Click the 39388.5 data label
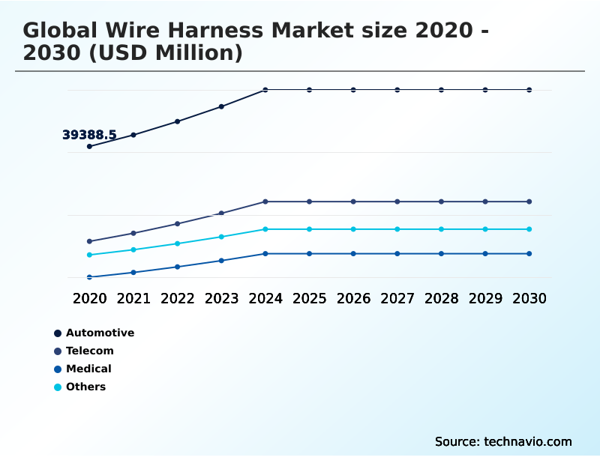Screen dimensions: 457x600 (x=89, y=135)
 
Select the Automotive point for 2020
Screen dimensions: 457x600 (x=89, y=146)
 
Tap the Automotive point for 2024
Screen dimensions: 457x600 (x=265, y=90)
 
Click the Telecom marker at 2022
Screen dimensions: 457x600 (x=178, y=223)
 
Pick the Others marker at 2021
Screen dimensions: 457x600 (x=133, y=249)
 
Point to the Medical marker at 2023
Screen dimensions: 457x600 (x=221, y=261)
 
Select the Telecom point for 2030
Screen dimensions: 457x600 (x=529, y=202)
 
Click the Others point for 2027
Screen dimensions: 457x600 (x=397, y=229)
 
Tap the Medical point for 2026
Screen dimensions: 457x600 (x=353, y=254)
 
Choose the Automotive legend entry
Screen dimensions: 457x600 (x=99, y=333)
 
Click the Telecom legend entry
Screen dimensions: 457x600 (x=89, y=351)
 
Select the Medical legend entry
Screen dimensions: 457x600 (x=88, y=369)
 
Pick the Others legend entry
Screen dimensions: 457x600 (x=85, y=387)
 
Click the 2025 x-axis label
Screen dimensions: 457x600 (x=309, y=298)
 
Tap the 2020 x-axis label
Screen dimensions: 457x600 (x=89, y=298)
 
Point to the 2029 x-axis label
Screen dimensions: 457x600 (x=485, y=298)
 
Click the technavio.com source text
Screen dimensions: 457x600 (x=527, y=441)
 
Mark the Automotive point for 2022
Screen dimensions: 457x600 (x=178, y=121)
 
